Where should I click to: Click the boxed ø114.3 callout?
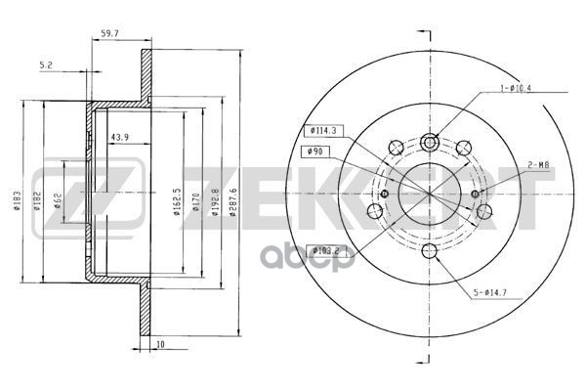322,131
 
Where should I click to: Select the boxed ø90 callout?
315,151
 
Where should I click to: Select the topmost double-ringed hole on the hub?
430,142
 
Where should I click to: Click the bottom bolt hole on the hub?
429,252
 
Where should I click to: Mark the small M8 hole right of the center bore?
475,194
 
